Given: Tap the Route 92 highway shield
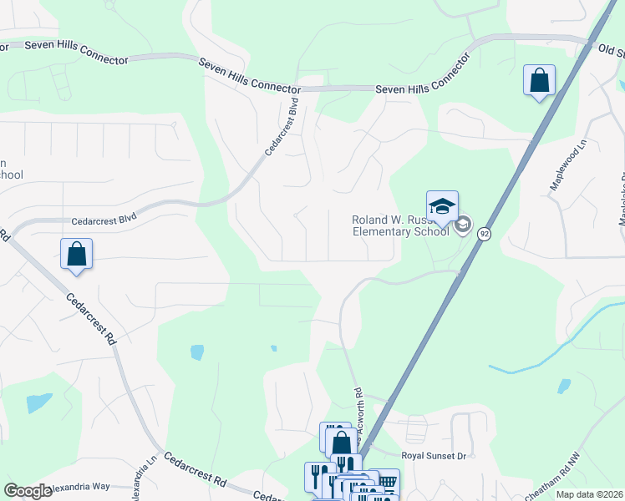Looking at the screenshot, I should click(484, 235).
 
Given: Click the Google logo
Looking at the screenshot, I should click(28, 491).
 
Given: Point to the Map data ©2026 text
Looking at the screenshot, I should click(589, 493).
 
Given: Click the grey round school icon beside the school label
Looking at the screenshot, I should click(463, 225).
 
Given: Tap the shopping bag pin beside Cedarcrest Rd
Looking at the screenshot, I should click(76, 254).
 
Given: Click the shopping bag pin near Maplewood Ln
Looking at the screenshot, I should click(539, 81).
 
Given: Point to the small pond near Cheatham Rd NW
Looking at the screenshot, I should click(564, 386).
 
